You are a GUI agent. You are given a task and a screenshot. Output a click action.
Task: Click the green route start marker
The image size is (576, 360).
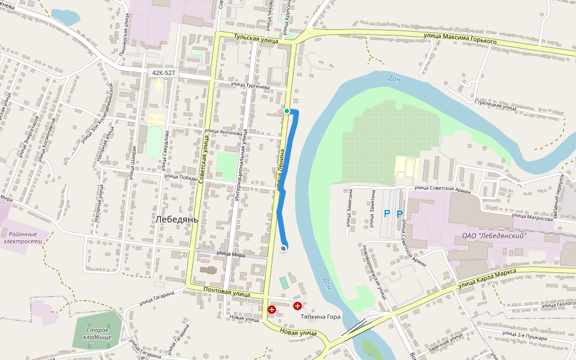click(287, 111)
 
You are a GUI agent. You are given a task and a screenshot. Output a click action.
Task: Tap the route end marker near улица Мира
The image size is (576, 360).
click(283, 247)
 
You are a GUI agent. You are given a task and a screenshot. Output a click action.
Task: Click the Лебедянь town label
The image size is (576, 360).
click(176, 220)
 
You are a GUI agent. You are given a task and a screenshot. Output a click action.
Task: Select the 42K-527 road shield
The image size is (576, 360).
click(164, 73)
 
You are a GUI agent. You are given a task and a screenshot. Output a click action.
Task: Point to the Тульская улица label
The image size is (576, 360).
click(256, 39)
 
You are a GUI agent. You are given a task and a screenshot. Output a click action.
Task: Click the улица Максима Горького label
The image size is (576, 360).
click(460, 39)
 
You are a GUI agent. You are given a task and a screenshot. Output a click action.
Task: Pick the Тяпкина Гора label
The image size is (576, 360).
click(320, 316)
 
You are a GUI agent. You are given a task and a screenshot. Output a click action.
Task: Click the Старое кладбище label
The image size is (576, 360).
click(97, 334)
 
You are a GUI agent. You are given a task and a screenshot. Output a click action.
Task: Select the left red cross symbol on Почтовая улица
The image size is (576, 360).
click(272, 310)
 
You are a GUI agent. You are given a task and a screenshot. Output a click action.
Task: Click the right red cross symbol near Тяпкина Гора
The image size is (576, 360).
click(297, 306)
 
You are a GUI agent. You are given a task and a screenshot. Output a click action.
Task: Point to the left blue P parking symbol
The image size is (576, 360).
click(387, 214)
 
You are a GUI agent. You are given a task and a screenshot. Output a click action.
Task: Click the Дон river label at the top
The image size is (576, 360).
click(394, 78)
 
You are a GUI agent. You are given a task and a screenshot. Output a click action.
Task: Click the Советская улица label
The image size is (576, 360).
click(205, 155)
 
